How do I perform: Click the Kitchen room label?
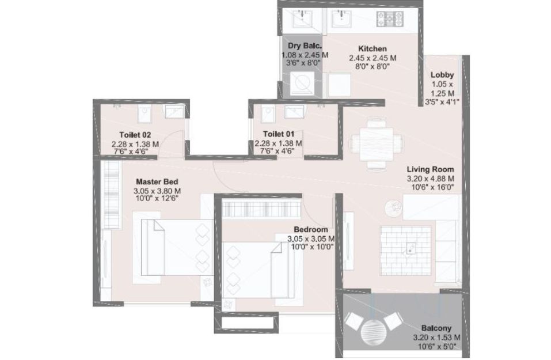click(372, 48)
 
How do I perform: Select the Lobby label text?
click(442, 74)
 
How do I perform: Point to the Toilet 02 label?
click(135, 135)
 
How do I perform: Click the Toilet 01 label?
click(278, 134)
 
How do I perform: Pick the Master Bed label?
click(157, 182)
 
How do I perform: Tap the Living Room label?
click(430, 169)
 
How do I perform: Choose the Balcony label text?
click(436, 328)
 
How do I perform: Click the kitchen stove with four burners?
click(390, 18)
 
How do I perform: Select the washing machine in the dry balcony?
click(302, 83)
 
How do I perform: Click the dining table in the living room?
click(376, 143)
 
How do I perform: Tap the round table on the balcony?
click(374, 332)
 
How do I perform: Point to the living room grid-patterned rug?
click(405, 251)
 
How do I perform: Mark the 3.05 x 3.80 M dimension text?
click(157, 191)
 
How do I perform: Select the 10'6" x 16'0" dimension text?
click(432, 187)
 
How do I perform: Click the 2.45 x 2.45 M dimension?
click(373, 58)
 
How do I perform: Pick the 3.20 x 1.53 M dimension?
click(436, 338)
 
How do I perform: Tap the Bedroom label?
click(311, 230)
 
